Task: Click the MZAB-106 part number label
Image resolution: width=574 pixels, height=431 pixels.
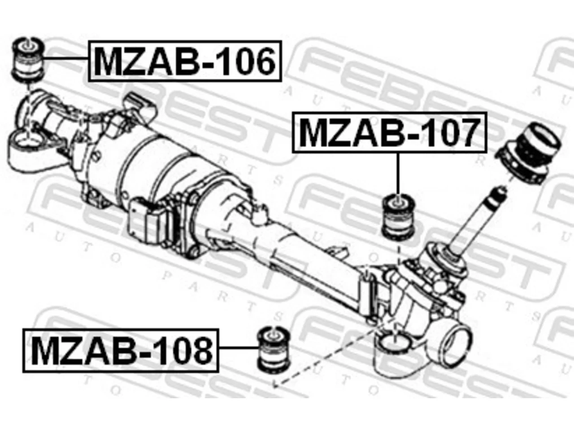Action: click(185, 61)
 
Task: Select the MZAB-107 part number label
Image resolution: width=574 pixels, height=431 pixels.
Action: click(389, 132)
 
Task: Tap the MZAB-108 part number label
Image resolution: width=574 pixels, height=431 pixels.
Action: click(121, 350)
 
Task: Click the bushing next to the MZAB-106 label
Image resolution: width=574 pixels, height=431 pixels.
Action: click(29, 60)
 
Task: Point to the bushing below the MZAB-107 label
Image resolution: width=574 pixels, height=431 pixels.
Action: click(398, 216)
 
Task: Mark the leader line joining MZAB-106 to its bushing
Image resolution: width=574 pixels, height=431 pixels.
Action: click(66, 59)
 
